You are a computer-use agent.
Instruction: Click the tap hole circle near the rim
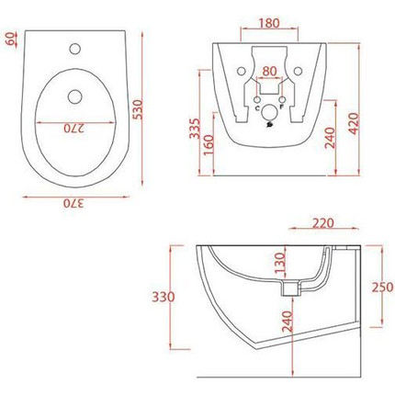[x=80, y=44]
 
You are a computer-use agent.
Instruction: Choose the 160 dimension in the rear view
[x=210, y=145]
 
